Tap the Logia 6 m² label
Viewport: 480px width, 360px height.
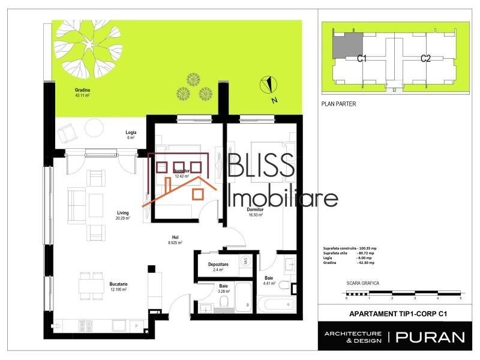[x=130, y=135]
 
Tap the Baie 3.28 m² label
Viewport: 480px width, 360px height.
[x=223, y=289]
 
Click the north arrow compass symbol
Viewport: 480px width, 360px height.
[x=270, y=87]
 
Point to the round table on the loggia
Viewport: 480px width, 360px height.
[x=94, y=128]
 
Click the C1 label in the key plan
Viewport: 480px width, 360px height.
[x=362, y=58]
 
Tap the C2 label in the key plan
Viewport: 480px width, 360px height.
[x=425, y=58]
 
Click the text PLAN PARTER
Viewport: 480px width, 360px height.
[x=339, y=104]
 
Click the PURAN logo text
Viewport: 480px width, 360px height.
[x=430, y=337]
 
